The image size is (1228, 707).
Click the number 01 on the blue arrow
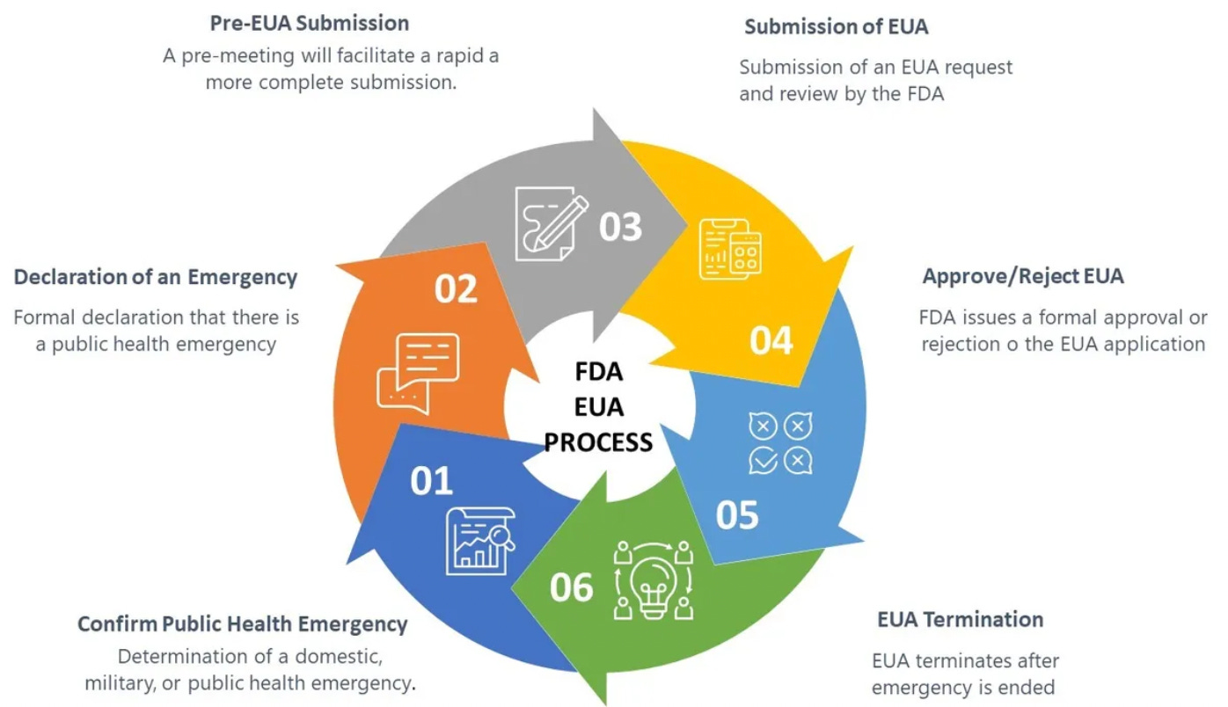(431, 482)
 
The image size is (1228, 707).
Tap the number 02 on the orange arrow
(456, 289)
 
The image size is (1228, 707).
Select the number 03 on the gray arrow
(621, 226)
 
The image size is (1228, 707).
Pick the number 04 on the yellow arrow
(771, 340)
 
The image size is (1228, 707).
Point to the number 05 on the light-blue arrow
(736, 515)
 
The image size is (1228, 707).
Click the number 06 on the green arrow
(572, 587)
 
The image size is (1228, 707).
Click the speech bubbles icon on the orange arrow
(418, 374)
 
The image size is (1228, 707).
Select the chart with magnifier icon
(479, 540)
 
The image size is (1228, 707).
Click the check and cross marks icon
(779, 443)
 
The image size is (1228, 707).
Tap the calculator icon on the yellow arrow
(728, 250)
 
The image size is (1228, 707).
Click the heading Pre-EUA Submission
(310, 22)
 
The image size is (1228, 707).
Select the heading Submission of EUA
(836, 26)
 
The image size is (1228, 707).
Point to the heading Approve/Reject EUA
(1023, 276)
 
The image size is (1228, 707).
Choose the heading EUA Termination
(960, 619)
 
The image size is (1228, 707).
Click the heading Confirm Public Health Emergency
(243, 624)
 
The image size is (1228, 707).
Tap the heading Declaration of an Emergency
(156, 277)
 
